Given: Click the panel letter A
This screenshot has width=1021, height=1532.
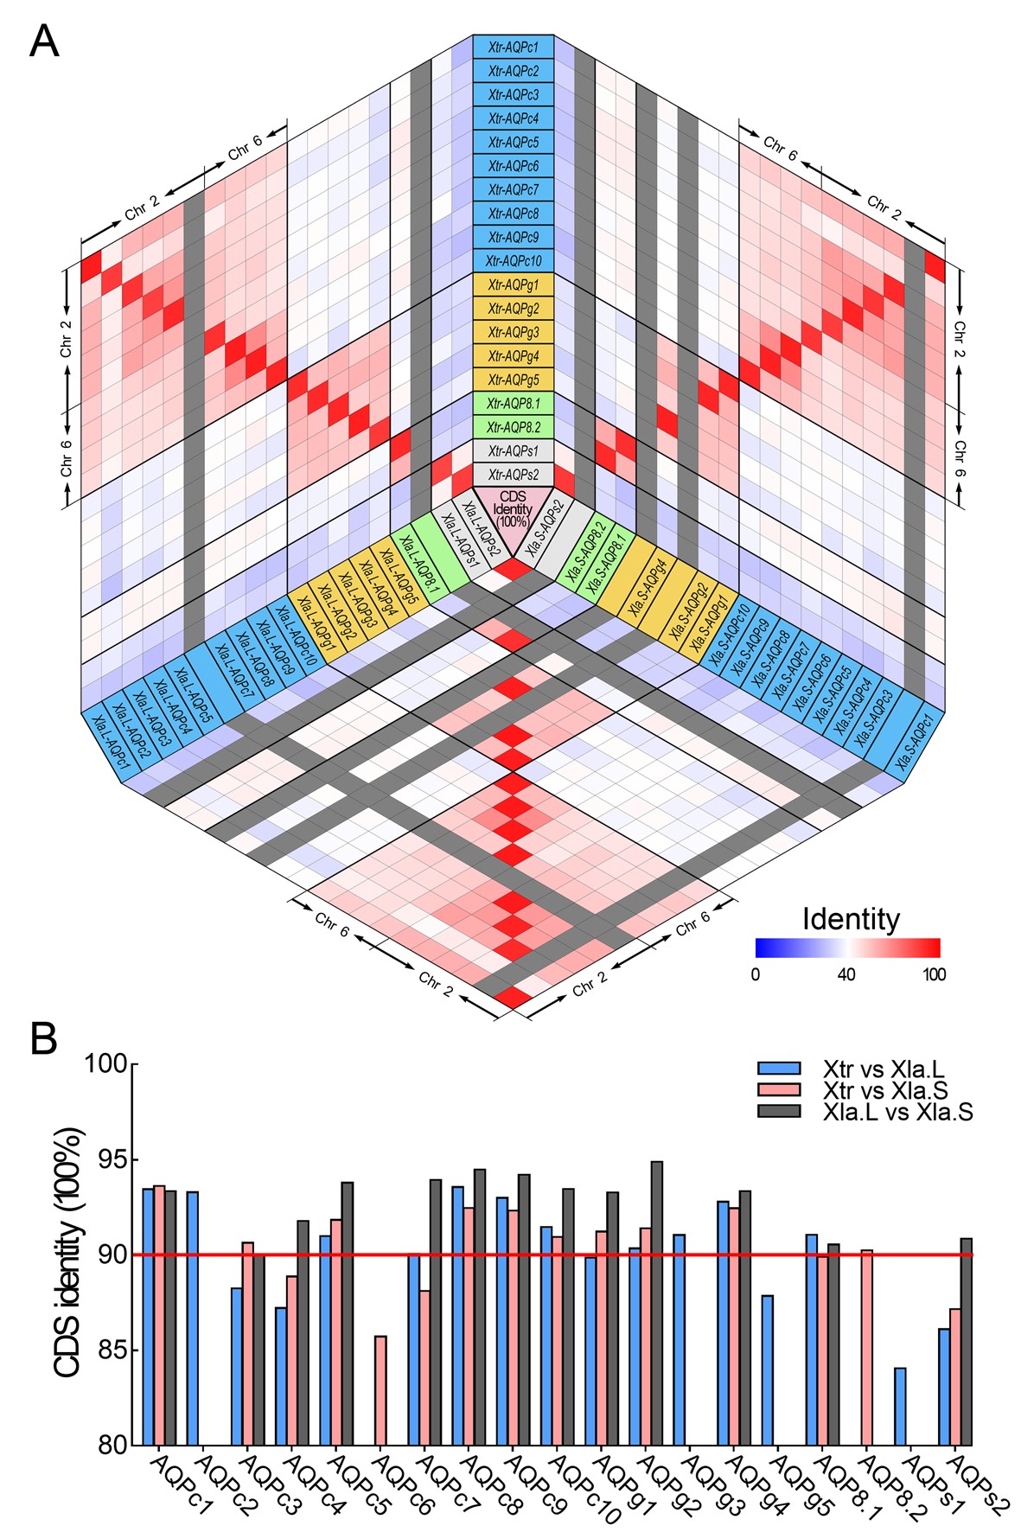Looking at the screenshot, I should pyautogui.click(x=44, y=41).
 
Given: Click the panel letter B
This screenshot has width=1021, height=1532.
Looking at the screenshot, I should pyautogui.click(x=44, y=1038).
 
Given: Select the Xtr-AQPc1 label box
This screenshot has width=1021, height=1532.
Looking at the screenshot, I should pyautogui.click(x=513, y=47).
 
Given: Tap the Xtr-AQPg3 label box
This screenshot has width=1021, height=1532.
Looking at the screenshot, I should pyautogui.click(x=513, y=332).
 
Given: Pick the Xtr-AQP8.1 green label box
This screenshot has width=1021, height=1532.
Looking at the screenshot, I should pyautogui.click(x=513, y=404).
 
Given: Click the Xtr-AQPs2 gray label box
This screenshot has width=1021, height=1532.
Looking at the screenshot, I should pyautogui.click(x=513, y=475).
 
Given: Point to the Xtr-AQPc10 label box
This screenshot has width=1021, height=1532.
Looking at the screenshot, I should pyautogui.click(x=513, y=261).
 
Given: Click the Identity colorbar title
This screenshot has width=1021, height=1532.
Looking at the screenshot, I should pyautogui.click(x=850, y=918).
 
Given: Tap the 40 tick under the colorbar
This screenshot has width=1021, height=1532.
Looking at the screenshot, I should pyautogui.click(x=846, y=975).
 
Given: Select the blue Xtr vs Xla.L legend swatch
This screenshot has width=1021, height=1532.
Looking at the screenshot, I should pyautogui.click(x=779, y=1069).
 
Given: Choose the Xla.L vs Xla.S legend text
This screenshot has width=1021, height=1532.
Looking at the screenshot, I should pyautogui.click(x=898, y=1112).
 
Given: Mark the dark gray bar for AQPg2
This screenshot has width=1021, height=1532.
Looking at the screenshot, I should pyautogui.click(x=657, y=1302).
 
